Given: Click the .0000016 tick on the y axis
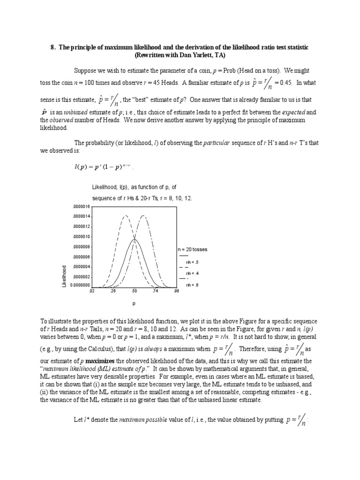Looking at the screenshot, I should click(82, 206).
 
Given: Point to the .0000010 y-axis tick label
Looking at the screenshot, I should click(82, 237).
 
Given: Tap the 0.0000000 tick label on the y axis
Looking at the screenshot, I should click(81, 285).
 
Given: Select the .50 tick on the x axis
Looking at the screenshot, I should click(135, 291).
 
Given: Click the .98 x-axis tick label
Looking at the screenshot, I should click(176, 291).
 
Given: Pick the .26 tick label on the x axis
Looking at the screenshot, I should click(113, 291).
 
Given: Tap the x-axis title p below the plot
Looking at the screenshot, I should click(134, 304).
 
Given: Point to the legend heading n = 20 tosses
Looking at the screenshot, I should click(192, 249).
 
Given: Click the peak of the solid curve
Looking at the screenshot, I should click(135, 239).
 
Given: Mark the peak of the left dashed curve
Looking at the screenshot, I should click(125, 215).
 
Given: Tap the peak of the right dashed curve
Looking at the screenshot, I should click(144, 215).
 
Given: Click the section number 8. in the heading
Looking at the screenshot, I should click(52, 48).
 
